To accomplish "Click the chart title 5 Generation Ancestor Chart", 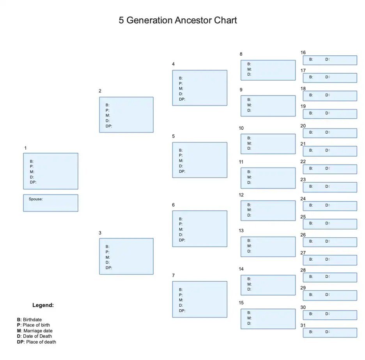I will pyautogui.click(x=178, y=20).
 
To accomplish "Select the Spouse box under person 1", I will pyautogui.click(x=50, y=203).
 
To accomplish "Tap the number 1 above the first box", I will pyautogui.click(x=25, y=148).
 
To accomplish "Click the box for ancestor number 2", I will pyautogui.click(x=126, y=115).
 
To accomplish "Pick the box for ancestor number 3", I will pyautogui.click(x=126, y=256).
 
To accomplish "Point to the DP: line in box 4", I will pyautogui.click(x=182, y=99).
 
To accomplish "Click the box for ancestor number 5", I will pyautogui.click(x=200, y=160).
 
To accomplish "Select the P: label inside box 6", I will pyautogui.click(x=181, y=224).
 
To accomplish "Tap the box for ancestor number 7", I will pyautogui.click(x=200, y=299).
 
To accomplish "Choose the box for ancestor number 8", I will pyautogui.click(x=268, y=70).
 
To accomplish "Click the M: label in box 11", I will pyautogui.click(x=249, y=177).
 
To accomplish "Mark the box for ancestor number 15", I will pyautogui.click(x=268, y=319).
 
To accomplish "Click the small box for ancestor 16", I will pyautogui.click(x=330, y=60).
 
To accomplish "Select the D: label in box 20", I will pyautogui.click(x=328, y=132).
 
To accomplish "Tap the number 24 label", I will pyautogui.click(x=303, y=199).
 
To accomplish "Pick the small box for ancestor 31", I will pyautogui.click(x=330, y=332).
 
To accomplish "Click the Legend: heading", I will pyautogui.click(x=43, y=305).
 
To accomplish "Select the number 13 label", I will pyautogui.click(x=241, y=231).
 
